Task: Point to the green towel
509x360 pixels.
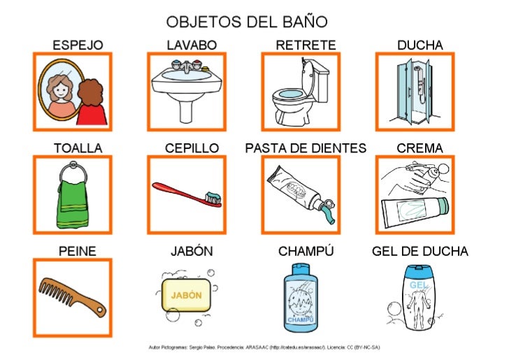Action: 72,199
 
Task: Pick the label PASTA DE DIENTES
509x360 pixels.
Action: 306,148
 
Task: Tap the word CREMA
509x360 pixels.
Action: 420,148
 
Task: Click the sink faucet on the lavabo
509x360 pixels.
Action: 186,67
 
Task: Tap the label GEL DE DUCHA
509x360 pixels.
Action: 420,251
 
